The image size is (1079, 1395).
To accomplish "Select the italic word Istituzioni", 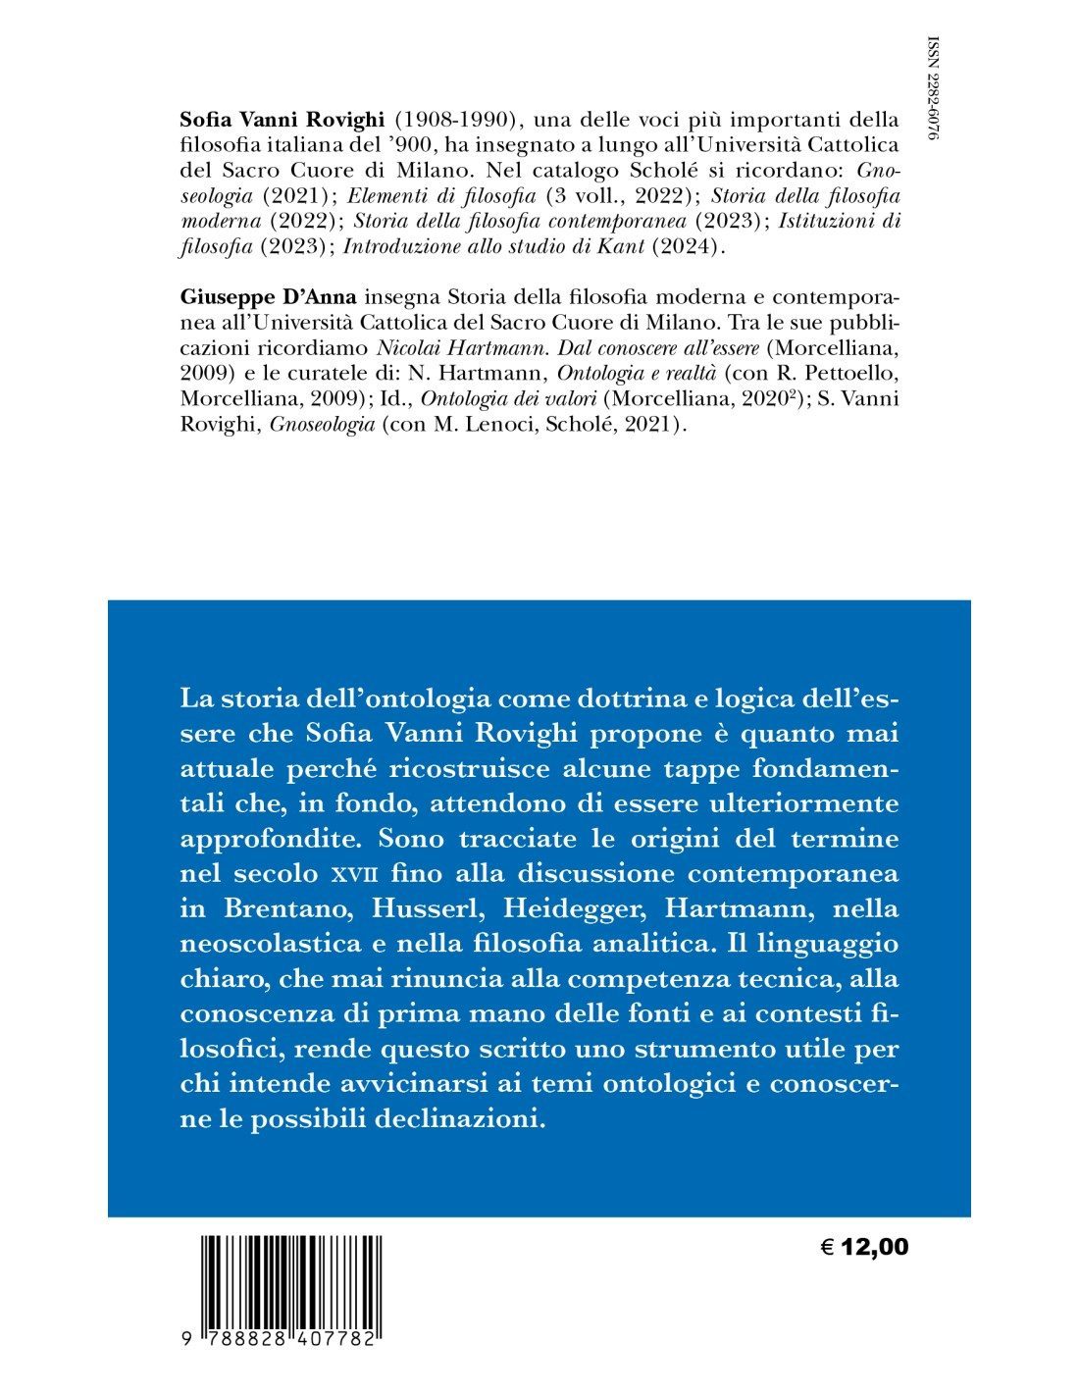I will click(x=832, y=223).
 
